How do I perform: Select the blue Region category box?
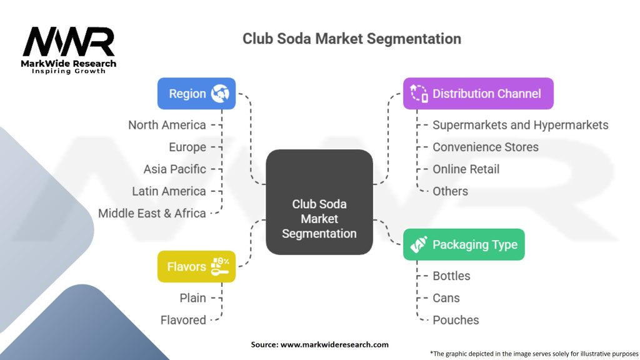point(196,94)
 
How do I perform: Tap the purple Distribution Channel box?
point(478,94)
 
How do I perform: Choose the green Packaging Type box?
point(464,244)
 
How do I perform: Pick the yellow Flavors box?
point(196,267)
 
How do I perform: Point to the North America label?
point(167,125)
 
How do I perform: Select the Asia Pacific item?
point(174,169)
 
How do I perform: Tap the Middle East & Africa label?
point(152,213)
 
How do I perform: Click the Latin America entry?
point(169,191)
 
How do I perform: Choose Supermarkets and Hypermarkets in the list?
point(520,125)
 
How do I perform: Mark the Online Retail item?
point(466,169)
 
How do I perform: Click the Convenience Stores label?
point(485,147)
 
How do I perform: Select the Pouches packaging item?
point(456,320)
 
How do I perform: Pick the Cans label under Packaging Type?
point(446,298)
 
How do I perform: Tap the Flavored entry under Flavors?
point(183,320)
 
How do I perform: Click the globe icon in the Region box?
point(220,94)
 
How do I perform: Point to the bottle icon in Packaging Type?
point(417,244)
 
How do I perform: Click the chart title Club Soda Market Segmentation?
point(352,39)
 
